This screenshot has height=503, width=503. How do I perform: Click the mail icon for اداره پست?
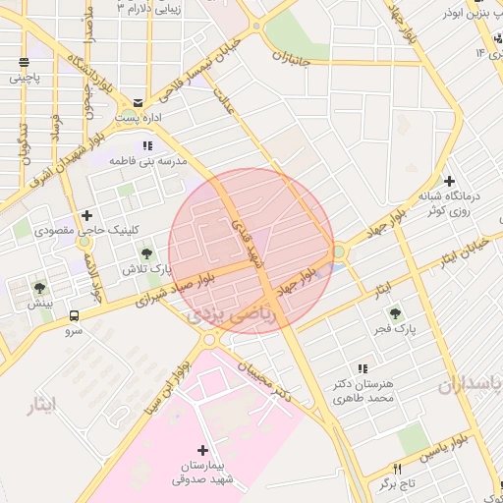click(137, 101)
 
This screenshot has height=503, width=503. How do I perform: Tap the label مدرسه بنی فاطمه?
click(146, 159)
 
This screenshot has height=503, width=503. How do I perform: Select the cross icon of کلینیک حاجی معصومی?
click(87, 215)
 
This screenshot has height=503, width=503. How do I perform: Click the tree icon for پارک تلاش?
click(146, 254)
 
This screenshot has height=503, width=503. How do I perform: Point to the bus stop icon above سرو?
click(75, 316)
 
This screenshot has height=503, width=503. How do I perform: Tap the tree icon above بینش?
click(39, 288)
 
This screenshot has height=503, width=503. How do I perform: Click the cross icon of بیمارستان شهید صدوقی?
click(203, 449)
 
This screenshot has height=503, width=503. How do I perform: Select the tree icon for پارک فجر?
click(395, 313)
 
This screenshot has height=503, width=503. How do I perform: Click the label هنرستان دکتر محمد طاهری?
click(363, 392)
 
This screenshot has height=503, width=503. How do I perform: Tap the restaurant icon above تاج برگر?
click(398, 469)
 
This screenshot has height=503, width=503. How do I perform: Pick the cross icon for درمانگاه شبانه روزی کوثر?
click(449, 181)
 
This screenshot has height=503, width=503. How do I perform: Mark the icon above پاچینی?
click(23, 64)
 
